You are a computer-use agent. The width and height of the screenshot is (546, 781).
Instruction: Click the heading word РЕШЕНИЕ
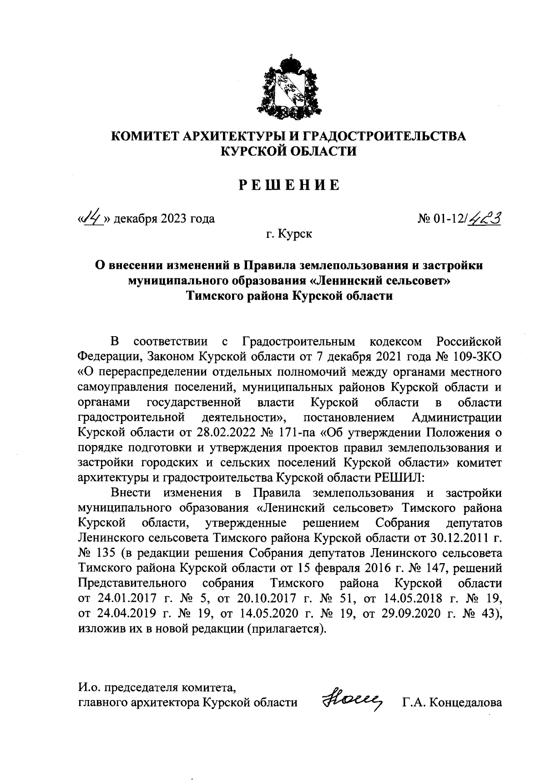tap(289, 185)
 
